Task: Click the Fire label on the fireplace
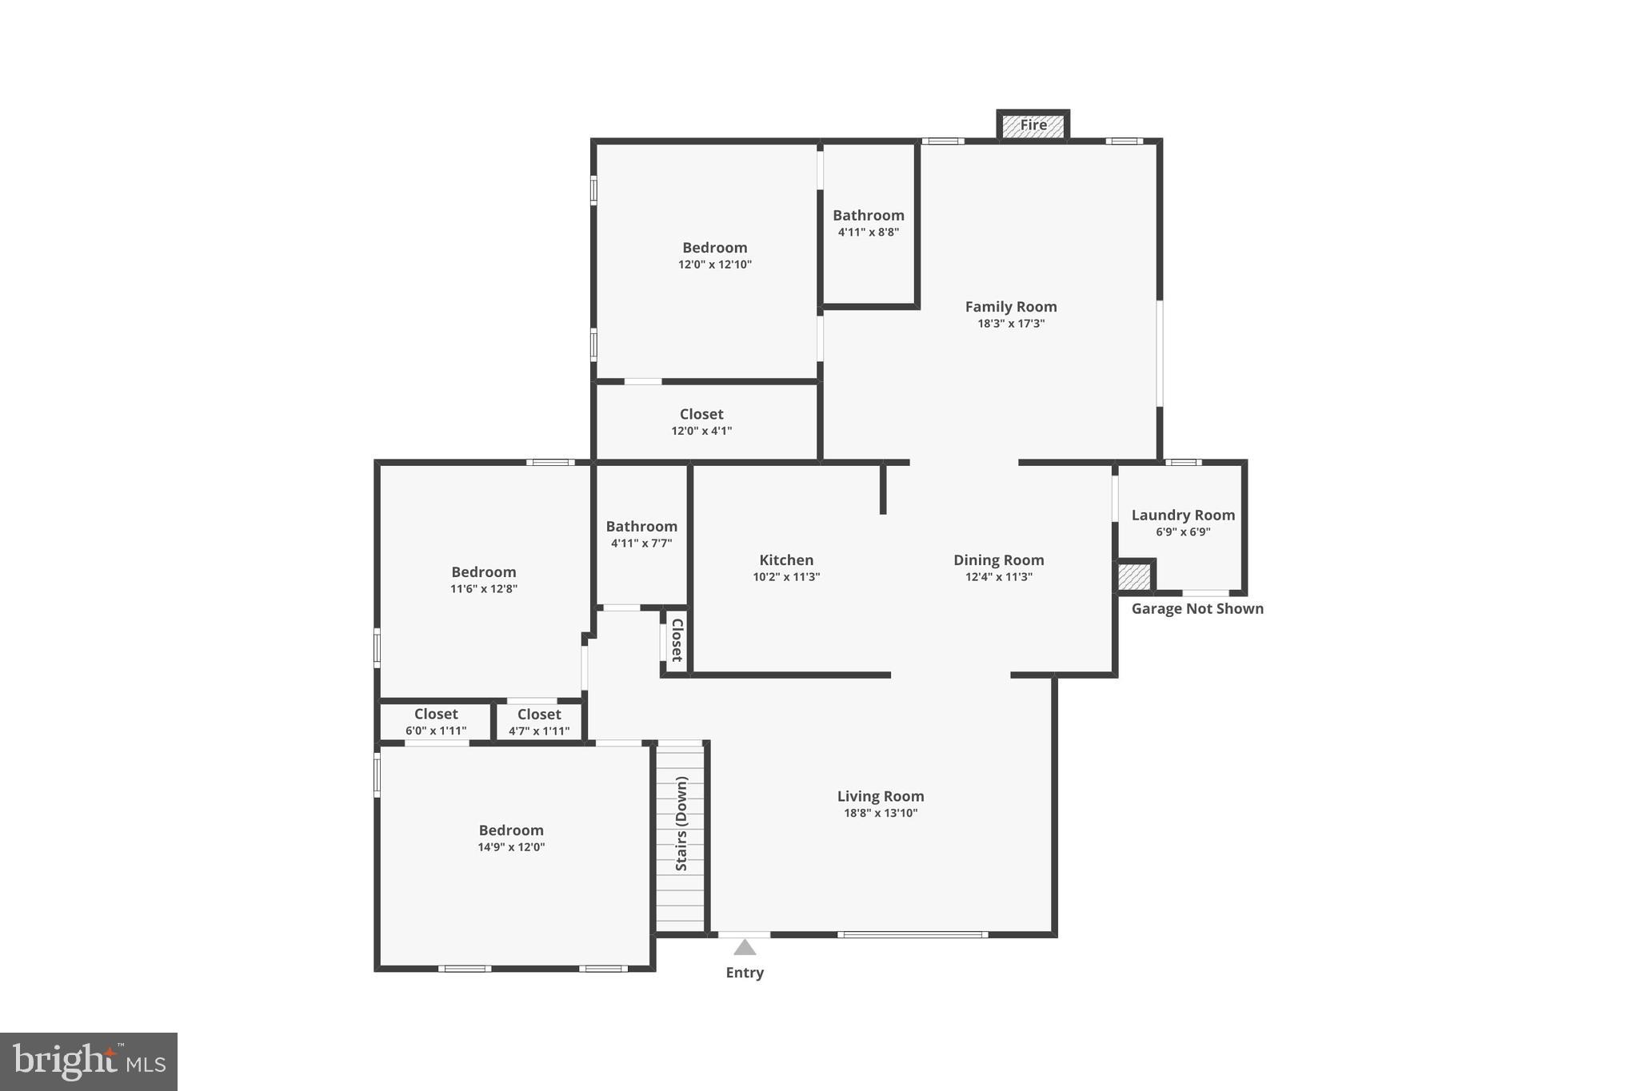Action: (x=1033, y=125)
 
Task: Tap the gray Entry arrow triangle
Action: (x=745, y=948)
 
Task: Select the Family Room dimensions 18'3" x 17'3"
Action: (x=1011, y=324)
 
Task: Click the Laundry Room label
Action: (x=1183, y=516)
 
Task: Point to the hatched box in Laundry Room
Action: (x=1133, y=577)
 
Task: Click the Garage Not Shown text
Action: (x=1197, y=609)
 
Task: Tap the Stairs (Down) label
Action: (x=681, y=823)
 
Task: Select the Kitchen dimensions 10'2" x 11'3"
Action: (x=786, y=577)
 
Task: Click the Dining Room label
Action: (x=998, y=560)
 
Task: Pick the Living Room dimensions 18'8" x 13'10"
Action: (x=881, y=814)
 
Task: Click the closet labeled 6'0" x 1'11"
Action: (x=436, y=722)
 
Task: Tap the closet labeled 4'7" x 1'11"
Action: (x=539, y=722)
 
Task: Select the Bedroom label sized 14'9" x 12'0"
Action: (x=511, y=830)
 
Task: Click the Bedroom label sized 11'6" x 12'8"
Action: (x=483, y=572)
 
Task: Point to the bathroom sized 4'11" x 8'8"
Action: (x=869, y=223)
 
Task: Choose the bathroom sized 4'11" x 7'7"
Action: (x=641, y=534)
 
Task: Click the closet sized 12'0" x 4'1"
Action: (x=701, y=421)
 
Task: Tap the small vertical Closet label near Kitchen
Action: (x=677, y=640)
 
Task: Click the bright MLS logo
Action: (x=89, y=1062)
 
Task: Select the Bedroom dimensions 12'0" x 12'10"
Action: (x=715, y=265)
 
